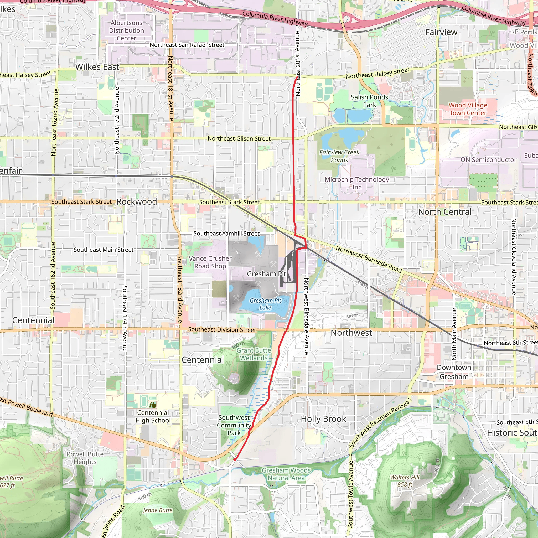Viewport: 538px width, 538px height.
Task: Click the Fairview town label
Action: click(441, 32)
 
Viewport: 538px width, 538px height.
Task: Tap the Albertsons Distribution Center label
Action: click(126, 31)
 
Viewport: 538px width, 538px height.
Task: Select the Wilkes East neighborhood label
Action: click(97, 67)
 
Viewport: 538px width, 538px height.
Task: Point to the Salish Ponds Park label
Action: click(369, 101)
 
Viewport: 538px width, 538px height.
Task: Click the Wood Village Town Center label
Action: click(468, 109)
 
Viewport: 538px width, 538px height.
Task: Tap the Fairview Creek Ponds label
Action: click(339, 156)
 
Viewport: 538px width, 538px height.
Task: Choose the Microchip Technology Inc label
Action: click(357, 183)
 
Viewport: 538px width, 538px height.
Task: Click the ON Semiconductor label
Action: click(488, 160)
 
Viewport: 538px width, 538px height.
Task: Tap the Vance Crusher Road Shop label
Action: click(210, 262)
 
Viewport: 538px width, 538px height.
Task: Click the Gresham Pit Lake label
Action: click(265, 304)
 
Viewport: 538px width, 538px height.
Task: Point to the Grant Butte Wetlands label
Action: click(254, 354)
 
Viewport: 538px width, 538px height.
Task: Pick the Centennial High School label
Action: click(153, 416)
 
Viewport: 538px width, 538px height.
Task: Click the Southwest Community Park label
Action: click(234, 425)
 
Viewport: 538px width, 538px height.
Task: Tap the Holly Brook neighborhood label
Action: click(323, 419)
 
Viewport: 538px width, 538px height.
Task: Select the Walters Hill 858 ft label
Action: click(405, 481)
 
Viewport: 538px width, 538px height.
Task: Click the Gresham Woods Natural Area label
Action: click(286, 474)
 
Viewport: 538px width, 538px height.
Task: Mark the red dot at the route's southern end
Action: click(235, 459)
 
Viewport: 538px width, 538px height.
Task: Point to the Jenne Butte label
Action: click(158, 510)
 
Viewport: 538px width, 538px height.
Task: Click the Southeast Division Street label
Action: click(222, 329)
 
